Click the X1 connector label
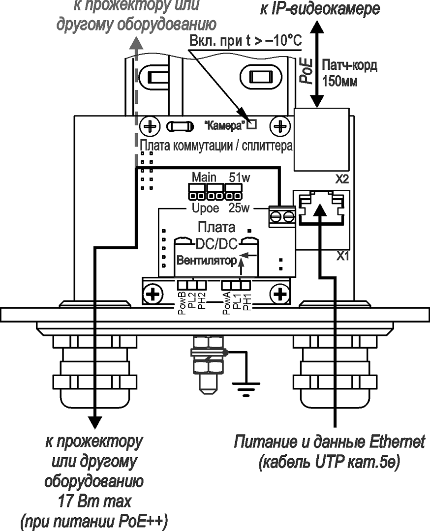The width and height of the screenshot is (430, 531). (342, 256)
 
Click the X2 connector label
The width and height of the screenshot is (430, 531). (342, 179)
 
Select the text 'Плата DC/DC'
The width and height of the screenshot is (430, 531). (216, 236)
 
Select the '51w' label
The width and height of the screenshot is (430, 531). (240, 177)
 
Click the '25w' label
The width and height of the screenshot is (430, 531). (240, 209)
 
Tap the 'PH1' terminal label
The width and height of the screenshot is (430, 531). (247, 301)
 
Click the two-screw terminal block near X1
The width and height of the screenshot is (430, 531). (281, 216)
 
